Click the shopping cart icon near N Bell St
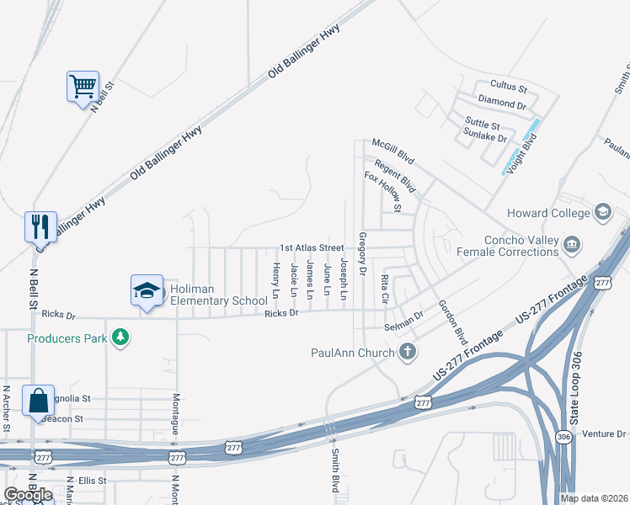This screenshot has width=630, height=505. [83, 86]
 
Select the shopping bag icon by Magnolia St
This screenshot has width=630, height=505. [40, 401]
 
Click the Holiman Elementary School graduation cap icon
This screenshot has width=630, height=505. [147, 290]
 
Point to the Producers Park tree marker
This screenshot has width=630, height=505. [121, 338]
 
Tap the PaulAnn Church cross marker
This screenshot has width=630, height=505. [408, 352]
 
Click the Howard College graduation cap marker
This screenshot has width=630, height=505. [603, 213]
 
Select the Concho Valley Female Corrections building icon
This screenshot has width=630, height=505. [573, 244]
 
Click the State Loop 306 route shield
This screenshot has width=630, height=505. [563, 436]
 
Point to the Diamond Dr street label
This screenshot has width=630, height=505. [501, 103]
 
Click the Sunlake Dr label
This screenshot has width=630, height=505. [486, 137]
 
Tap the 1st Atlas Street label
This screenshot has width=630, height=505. [312, 248]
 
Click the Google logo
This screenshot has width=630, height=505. [27, 495]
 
